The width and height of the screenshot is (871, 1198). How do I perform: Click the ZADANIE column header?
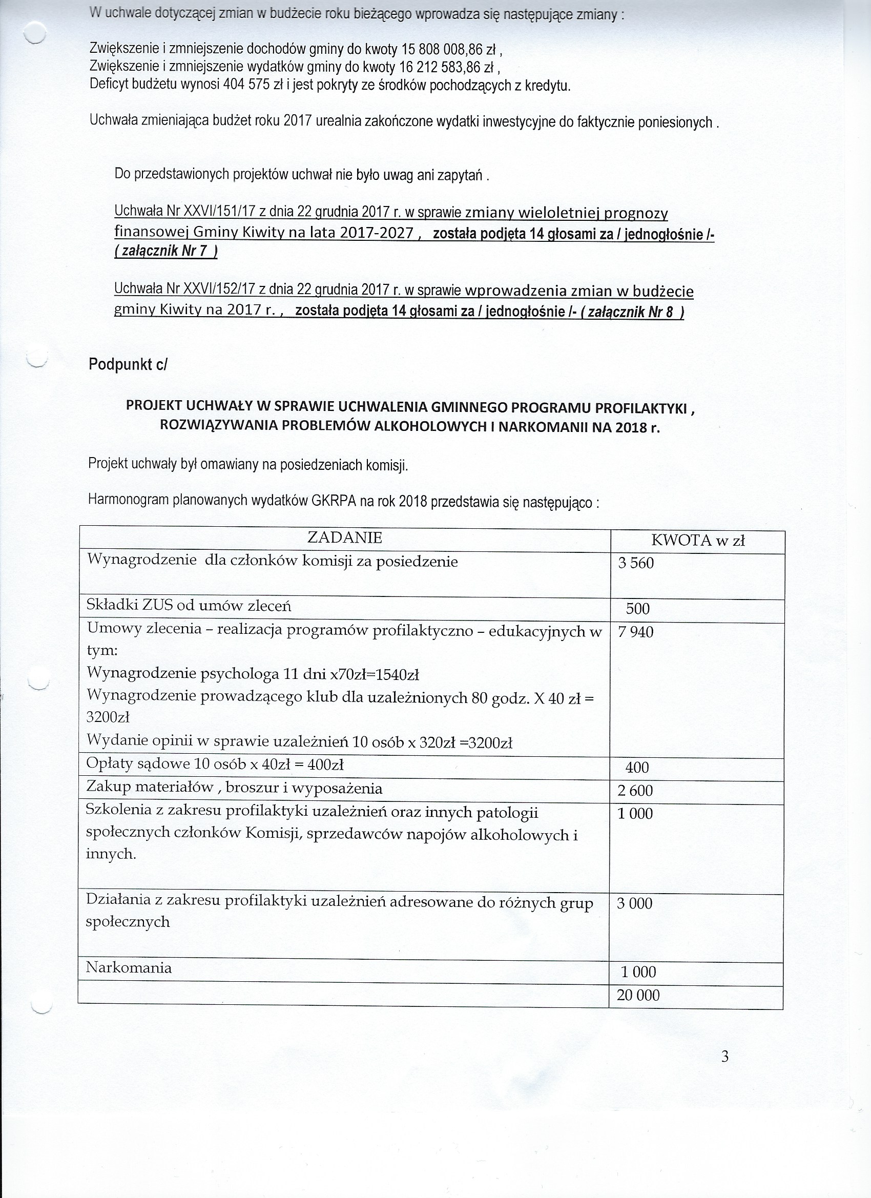point(344,538)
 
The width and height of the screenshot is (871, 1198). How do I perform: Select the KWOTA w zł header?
point(698,540)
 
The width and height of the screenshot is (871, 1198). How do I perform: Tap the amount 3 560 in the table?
point(636,563)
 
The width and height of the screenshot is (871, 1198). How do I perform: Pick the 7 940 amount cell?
point(635,632)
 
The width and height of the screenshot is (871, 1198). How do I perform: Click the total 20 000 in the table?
point(638,996)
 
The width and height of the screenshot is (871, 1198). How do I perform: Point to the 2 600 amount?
point(635,791)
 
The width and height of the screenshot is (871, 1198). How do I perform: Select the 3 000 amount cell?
point(634,903)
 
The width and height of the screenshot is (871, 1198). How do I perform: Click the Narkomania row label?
point(129,968)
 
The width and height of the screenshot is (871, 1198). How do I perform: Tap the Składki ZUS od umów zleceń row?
point(189,605)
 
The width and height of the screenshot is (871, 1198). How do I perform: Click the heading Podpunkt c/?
point(128,364)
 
